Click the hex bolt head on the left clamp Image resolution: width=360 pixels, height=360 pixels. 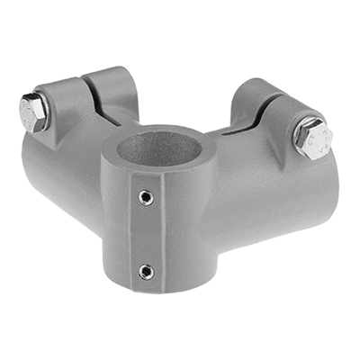tap(33, 111)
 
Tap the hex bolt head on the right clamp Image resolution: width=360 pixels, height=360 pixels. tap(314, 139)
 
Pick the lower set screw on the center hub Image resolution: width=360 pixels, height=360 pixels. tap(147, 270)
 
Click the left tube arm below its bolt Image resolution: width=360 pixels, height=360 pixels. tap(54, 171)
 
